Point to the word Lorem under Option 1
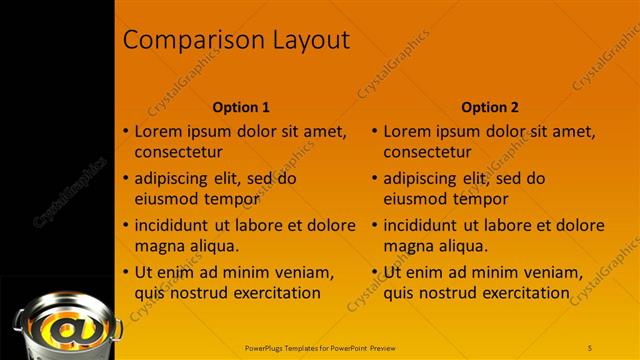[160, 131]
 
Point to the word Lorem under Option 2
[409, 131]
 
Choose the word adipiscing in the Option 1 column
[176, 179]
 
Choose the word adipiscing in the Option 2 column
[425, 179]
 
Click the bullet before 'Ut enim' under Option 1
[125, 272]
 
